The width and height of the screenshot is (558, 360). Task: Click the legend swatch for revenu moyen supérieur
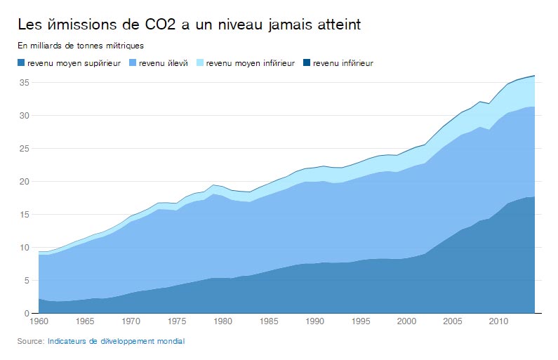21,63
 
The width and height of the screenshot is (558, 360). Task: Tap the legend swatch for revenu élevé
132,63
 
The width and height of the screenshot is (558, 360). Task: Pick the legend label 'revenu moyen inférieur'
251,63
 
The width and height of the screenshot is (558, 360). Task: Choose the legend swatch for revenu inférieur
306,63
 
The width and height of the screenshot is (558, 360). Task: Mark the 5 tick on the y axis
26,281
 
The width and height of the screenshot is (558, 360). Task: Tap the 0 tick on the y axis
26,314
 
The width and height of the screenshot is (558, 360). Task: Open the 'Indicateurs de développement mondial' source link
116,342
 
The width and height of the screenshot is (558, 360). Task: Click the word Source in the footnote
31,342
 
